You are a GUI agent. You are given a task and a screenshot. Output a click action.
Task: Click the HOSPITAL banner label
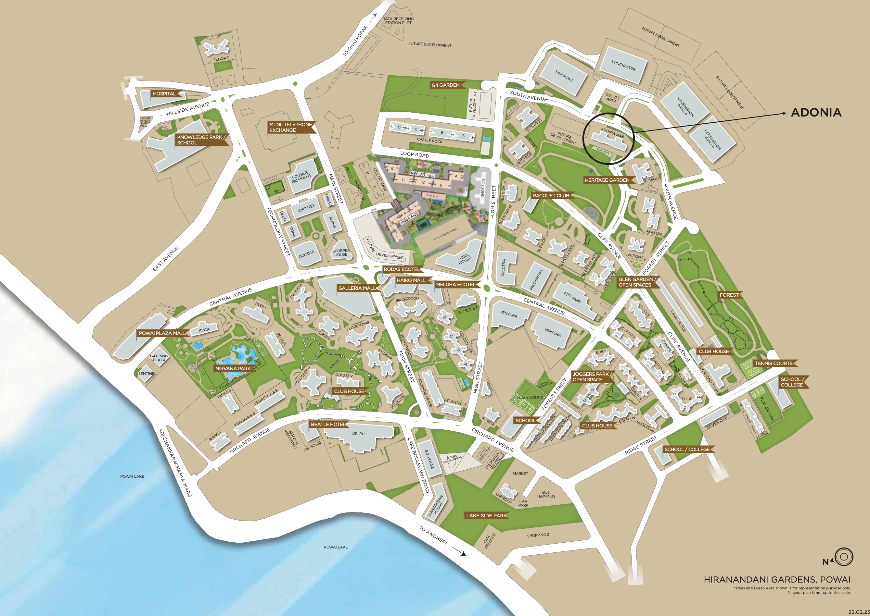[x=164, y=94]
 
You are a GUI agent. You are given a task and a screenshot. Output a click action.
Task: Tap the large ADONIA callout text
[x=816, y=112]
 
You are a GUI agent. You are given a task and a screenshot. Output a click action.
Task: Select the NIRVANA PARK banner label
[x=233, y=368]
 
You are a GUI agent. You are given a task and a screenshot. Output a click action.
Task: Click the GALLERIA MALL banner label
[x=357, y=288]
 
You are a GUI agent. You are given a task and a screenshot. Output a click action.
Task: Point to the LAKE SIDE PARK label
[x=486, y=515]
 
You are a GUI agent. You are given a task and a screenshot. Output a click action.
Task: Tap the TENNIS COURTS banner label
[x=773, y=363]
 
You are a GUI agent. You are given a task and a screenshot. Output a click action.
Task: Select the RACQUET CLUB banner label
[x=551, y=196]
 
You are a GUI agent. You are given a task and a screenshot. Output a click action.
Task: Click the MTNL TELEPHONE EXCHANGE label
[x=290, y=127]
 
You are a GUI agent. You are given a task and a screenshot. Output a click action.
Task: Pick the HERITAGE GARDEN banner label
[x=607, y=180]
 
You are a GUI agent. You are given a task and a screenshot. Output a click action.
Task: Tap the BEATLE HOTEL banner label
[x=328, y=425]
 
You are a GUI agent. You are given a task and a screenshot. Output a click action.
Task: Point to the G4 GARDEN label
[x=445, y=85]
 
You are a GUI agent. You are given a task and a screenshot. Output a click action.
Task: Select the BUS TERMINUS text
[x=546, y=494]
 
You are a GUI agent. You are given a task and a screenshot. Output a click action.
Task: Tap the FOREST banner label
[x=729, y=295]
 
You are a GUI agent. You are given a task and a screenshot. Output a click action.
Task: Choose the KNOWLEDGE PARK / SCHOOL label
[x=201, y=140]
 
